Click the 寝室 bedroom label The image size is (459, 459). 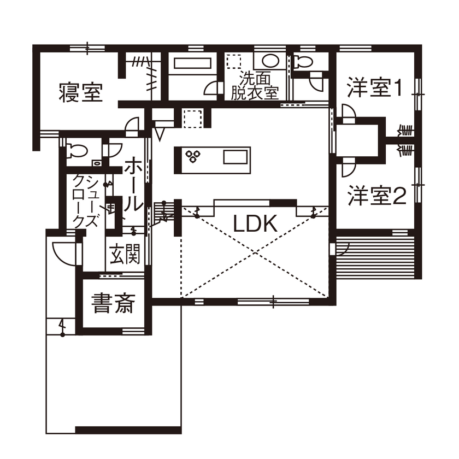coord(80,93)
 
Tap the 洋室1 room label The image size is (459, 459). coord(376,88)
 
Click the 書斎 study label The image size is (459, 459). coord(113,304)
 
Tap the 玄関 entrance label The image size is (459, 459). coord(125,255)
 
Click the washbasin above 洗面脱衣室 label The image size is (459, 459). coord(268,61)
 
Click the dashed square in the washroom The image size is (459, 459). coord(233,61)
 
